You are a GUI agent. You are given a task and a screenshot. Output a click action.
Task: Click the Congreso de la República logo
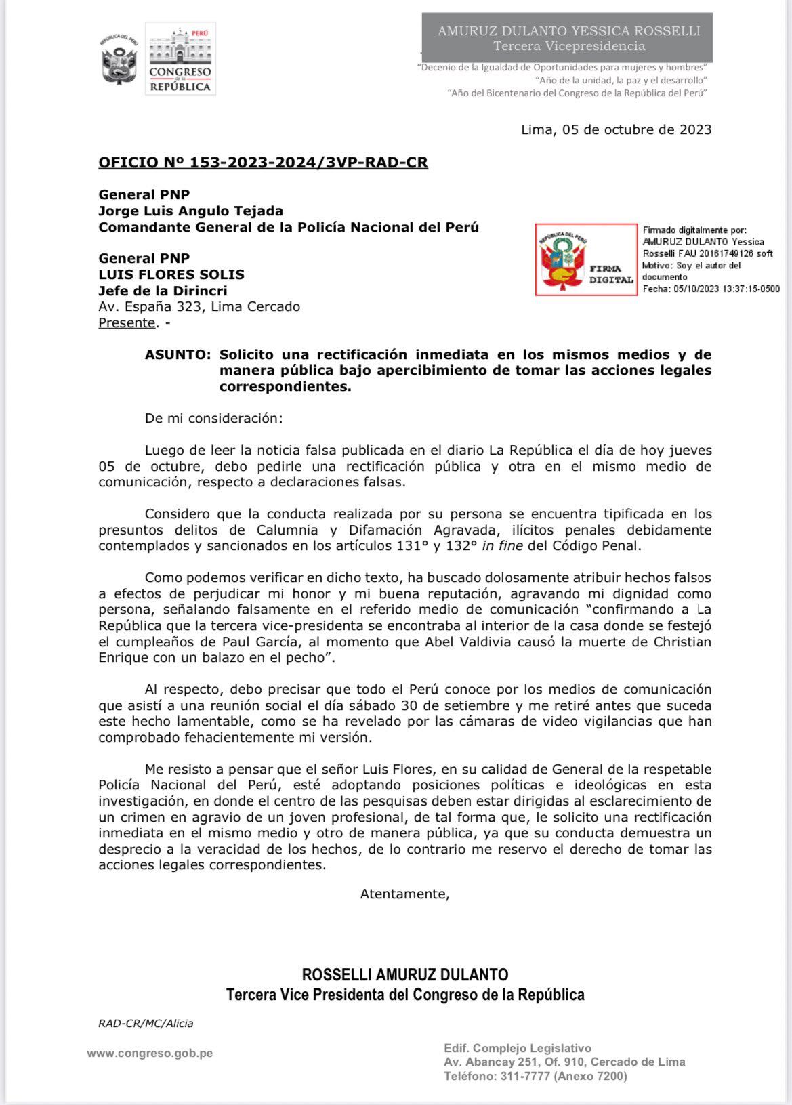tap(180, 59)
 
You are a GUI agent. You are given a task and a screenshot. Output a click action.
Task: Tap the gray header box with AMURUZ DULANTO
tap(568, 38)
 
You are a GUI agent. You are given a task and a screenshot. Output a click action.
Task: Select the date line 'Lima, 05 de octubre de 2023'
tap(616, 129)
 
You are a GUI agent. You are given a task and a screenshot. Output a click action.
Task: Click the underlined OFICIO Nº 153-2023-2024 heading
tap(263, 163)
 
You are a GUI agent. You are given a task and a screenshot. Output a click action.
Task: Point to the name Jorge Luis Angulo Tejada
tap(190, 211)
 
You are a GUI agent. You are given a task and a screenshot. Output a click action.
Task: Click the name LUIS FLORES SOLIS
tap(171, 274)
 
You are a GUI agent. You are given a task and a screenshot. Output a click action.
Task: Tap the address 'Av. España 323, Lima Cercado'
tap(199, 306)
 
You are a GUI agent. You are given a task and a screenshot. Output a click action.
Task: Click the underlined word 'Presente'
tap(127, 322)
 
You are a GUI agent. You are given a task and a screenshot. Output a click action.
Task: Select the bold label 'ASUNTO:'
tap(178, 355)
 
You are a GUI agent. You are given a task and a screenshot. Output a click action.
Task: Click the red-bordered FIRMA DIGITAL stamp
tap(586, 259)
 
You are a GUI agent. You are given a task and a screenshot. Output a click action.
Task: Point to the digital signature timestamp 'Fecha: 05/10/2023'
tap(710, 289)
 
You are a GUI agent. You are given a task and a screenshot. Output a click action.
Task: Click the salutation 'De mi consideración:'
tap(213, 418)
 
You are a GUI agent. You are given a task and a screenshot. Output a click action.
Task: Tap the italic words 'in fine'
tap(502, 545)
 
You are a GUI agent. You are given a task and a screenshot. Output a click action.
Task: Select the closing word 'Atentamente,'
tap(404, 894)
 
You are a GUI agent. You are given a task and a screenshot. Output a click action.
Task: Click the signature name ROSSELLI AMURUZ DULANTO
tap(404, 974)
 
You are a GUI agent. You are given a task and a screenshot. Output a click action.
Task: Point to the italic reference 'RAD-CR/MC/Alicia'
tap(146, 1023)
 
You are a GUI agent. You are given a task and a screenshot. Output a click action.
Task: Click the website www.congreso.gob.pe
tap(150, 1053)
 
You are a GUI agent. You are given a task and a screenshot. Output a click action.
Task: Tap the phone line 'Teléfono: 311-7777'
tap(535, 1076)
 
